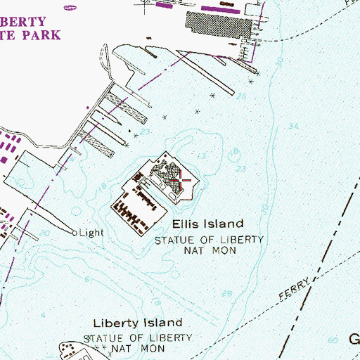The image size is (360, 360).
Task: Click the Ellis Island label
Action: click(x=208, y=224)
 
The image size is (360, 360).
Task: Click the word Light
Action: click(x=91, y=233)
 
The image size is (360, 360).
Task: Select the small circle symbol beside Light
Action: click(x=74, y=232)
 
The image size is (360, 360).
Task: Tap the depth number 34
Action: click(x=293, y=127)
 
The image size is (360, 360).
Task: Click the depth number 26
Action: click(x=226, y=293)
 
